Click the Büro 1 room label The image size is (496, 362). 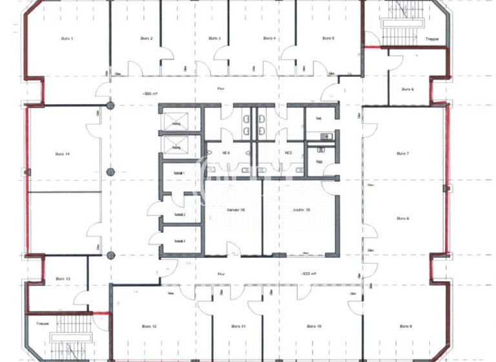click(x=67, y=39)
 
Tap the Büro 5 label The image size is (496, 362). click(x=328, y=39)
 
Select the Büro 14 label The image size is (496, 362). click(x=63, y=154)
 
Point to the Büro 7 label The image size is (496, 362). click(x=402, y=153)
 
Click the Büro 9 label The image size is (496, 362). click(x=405, y=326)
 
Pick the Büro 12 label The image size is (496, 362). click(x=150, y=326)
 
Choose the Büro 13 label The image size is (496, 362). click(x=63, y=279)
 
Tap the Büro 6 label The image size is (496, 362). click(x=408, y=89)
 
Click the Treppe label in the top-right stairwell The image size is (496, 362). click(x=432, y=39)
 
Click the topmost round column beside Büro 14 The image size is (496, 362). click(x=110, y=105)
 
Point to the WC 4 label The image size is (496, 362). click(x=227, y=153)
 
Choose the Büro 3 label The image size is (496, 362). click(x=215, y=39)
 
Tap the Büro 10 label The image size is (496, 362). click(x=315, y=326)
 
